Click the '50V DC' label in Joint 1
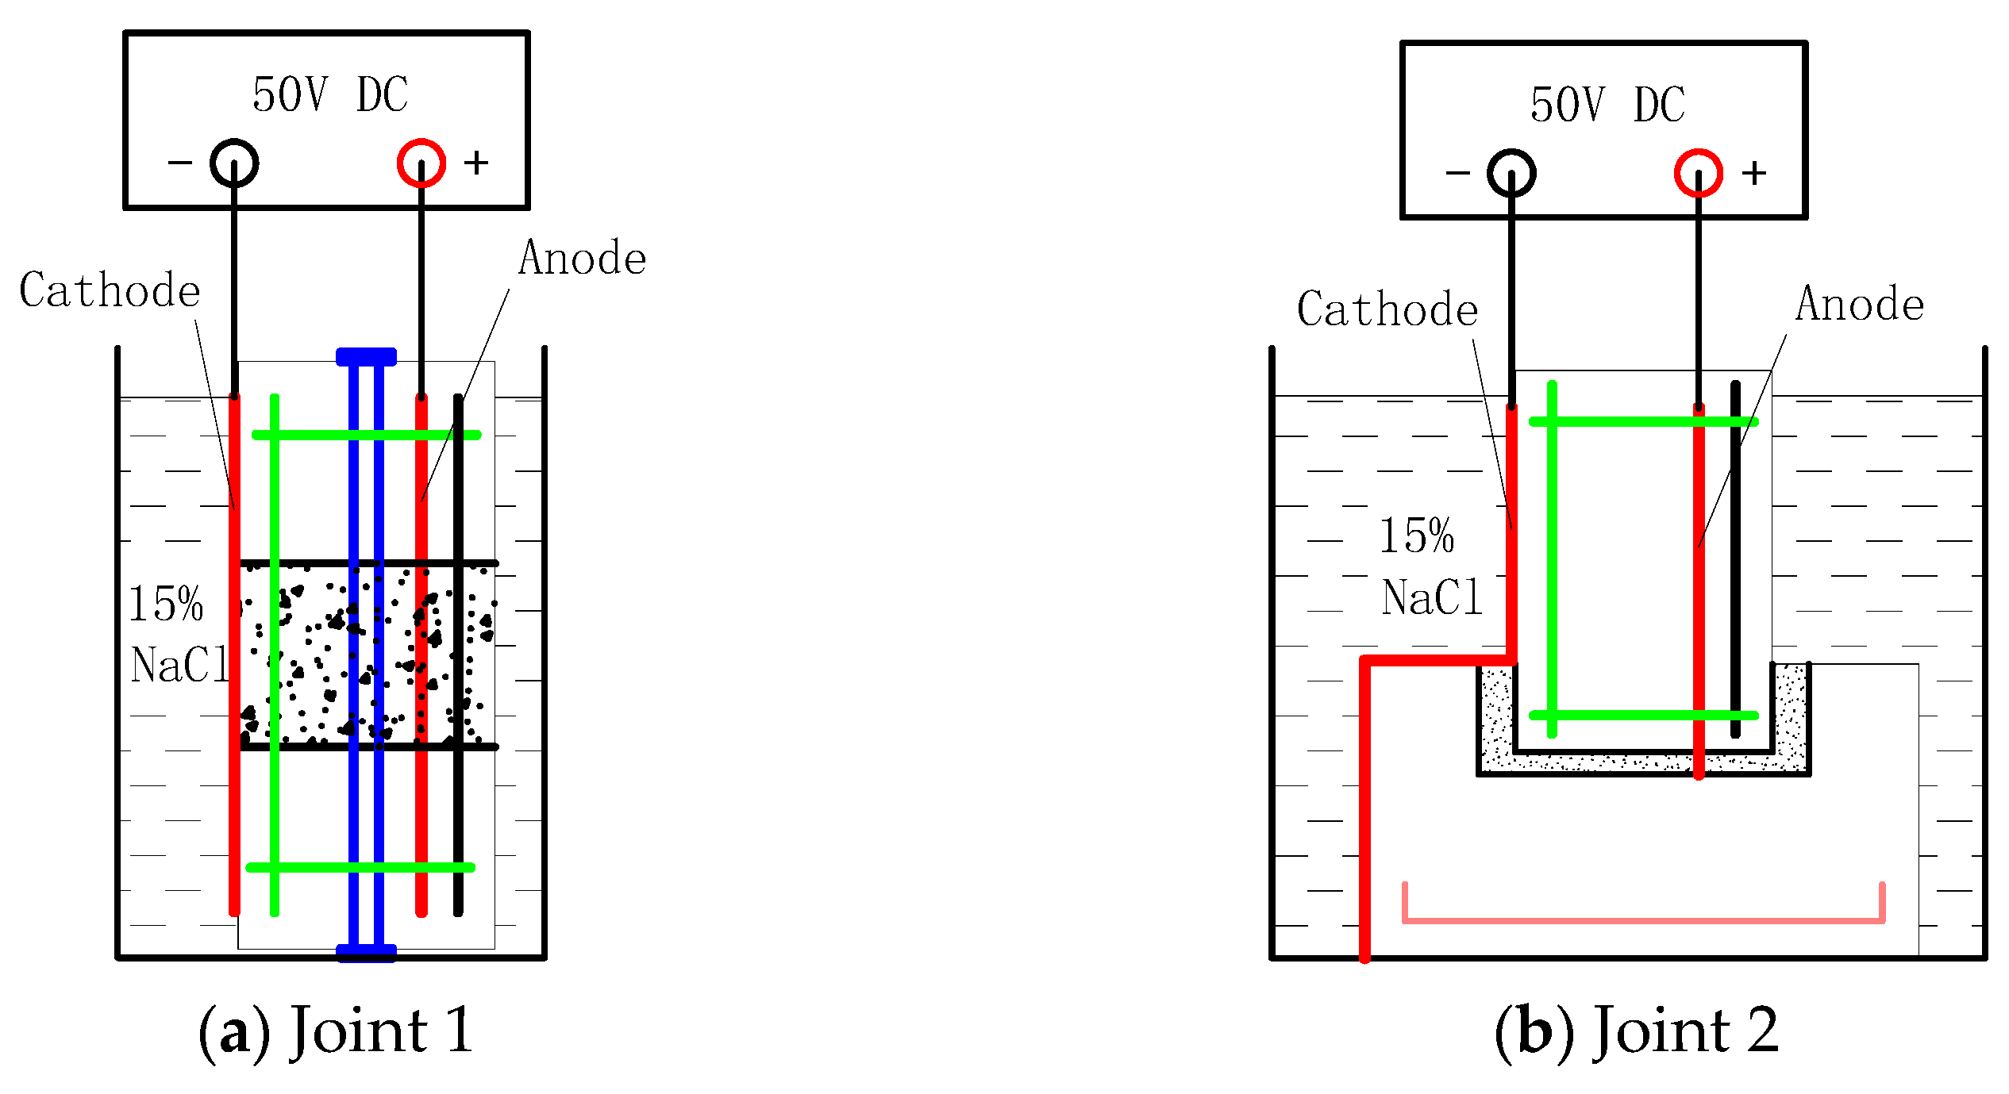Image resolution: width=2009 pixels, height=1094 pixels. pyautogui.click(x=330, y=95)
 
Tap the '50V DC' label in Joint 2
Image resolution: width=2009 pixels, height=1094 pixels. pyautogui.click(x=1607, y=105)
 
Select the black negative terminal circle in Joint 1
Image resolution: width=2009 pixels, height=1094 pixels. pyautogui.click(x=234, y=163)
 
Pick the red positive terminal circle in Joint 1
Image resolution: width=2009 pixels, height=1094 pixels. pyautogui.click(x=421, y=163)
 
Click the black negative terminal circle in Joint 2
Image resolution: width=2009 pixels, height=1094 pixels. pyautogui.click(x=1511, y=173)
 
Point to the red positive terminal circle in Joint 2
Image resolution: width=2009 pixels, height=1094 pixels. pyautogui.click(x=1699, y=173)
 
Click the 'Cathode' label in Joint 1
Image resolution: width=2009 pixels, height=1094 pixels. pyautogui.click(x=110, y=290)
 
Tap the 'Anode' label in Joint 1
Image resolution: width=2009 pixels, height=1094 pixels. pyautogui.click(x=583, y=259)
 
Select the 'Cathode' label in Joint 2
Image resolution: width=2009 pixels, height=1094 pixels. pyautogui.click(x=1387, y=309)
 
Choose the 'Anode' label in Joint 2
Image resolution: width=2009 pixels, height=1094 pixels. pyautogui.click(x=1860, y=304)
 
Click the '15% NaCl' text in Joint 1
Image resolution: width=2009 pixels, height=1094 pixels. pyautogui.click(x=176, y=635)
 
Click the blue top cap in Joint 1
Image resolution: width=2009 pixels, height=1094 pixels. pyautogui.click(x=366, y=357)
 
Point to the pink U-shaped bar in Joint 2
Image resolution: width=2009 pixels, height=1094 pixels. pyautogui.click(x=1643, y=920)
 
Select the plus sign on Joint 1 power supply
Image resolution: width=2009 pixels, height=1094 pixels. pyautogui.click(x=476, y=163)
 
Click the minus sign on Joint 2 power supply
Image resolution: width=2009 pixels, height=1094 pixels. pyautogui.click(x=1457, y=172)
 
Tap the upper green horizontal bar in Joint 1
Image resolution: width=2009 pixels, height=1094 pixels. pyautogui.click(x=367, y=435)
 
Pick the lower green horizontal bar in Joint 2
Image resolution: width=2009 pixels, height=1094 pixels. pyautogui.click(x=1643, y=716)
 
